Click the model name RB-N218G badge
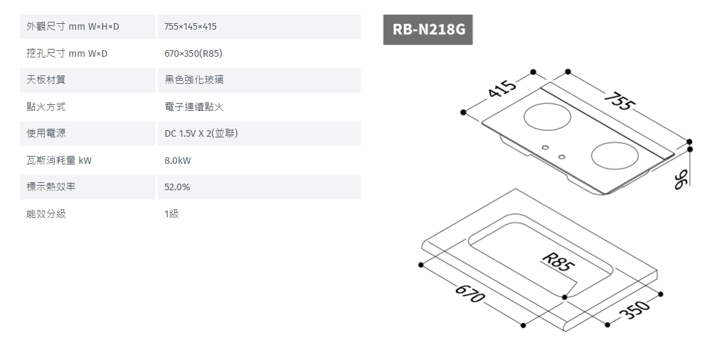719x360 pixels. [428, 30]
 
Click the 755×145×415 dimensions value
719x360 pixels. [190, 26]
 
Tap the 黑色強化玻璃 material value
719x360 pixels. [194, 80]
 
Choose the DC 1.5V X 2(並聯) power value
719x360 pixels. [201, 133]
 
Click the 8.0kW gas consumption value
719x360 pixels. [178, 161]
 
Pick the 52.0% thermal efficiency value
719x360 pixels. [177, 187]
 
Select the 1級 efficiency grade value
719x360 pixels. [172, 214]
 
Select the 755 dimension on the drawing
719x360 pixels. [619, 103]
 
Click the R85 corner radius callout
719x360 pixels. [556, 262]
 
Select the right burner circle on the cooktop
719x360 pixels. [615, 157]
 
